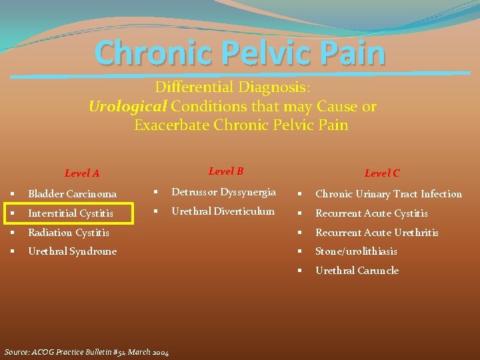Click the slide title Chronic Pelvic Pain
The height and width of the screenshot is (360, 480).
pos(240,53)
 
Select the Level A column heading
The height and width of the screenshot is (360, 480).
pos(82,173)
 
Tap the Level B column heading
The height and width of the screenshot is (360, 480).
pos(226,171)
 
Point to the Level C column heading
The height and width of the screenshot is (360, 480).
pos(382,173)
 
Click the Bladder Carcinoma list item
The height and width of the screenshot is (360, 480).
pos(72,194)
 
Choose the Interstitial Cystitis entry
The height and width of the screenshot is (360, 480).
pos(70,213)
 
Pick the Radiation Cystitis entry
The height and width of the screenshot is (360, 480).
pos(68,233)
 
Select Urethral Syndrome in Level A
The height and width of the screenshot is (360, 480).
pos(72,251)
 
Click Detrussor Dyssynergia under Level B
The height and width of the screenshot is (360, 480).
pos(224,192)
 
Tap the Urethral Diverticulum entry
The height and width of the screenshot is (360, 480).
pos(223,211)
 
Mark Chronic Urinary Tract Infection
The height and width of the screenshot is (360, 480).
pos(389,194)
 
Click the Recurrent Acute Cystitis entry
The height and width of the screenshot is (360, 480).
pos(371,213)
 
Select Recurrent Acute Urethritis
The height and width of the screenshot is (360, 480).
pos(377,233)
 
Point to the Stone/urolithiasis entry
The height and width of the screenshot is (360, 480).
pos(356,251)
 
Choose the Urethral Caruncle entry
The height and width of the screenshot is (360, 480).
pos(357,271)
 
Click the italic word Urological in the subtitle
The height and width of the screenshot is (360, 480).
pos(128,107)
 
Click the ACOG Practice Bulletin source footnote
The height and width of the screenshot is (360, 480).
pos(87,352)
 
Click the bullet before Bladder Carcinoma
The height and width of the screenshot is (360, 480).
pos(13,194)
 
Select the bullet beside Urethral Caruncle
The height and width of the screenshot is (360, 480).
pos(300,271)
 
